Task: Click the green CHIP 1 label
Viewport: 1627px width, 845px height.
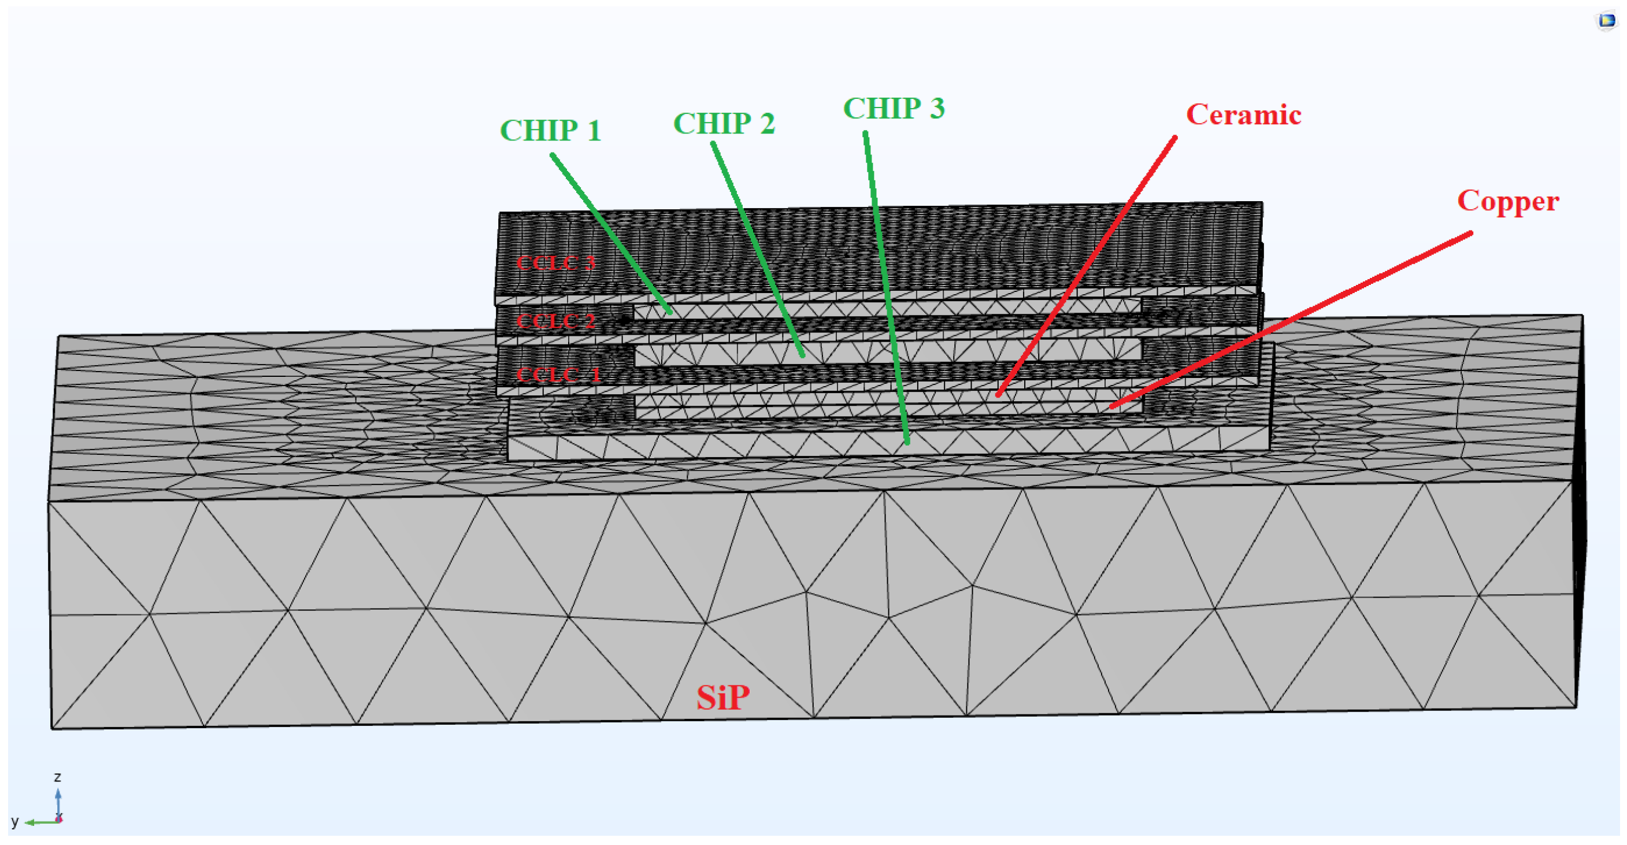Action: tap(550, 131)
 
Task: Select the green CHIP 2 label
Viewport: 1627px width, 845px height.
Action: tap(724, 123)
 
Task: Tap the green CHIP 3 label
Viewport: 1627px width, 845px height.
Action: tap(894, 108)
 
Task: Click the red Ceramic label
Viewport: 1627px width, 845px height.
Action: tap(1243, 115)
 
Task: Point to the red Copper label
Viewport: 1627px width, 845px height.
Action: tap(1507, 202)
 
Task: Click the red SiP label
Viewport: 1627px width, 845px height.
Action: tap(722, 698)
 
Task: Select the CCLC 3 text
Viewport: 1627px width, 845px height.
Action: tap(556, 263)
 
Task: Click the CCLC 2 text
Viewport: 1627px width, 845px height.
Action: tap(556, 321)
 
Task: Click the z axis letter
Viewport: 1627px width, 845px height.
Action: tap(57, 777)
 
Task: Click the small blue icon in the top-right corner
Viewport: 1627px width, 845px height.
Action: tap(1607, 21)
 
